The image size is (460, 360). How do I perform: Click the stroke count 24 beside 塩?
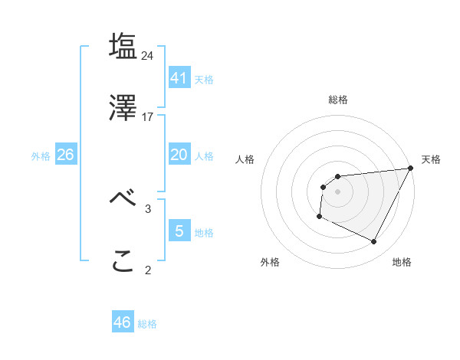[x=148, y=55]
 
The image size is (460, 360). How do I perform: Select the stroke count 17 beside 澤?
[x=148, y=117]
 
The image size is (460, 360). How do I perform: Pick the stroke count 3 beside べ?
[x=148, y=208]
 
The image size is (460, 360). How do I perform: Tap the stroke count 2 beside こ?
[x=148, y=270]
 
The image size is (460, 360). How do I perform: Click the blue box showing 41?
[x=179, y=78]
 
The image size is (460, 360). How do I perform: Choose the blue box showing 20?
[x=179, y=155]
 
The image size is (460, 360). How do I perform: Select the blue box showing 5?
[x=179, y=231]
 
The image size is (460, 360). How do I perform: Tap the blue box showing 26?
[x=65, y=155]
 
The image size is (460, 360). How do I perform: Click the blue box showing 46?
[x=123, y=322]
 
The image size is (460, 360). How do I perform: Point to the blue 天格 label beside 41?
[x=204, y=80]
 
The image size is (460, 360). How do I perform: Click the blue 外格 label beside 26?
[x=41, y=156]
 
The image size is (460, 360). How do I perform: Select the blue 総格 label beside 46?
[x=147, y=324]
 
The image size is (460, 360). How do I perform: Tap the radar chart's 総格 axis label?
[x=337, y=100]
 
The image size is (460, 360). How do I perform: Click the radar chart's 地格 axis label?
[x=402, y=262]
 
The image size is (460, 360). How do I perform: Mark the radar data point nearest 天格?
[x=411, y=169]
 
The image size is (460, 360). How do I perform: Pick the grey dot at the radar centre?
[x=337, y=191]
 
